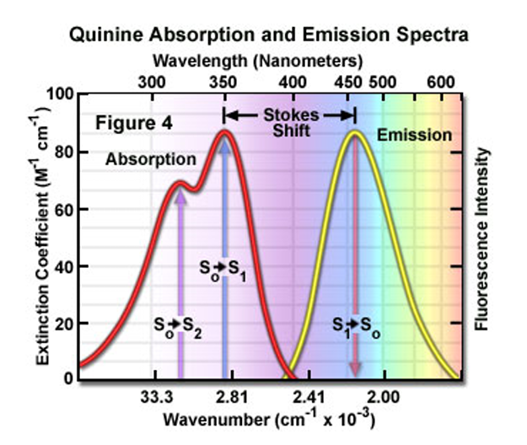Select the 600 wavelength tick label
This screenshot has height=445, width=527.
pyautogui.click(x=440, y=82)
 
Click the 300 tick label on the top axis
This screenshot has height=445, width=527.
pyautogui.click(x=152, y=82)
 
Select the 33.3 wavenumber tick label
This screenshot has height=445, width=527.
pyautogui.click(x=158, y=397)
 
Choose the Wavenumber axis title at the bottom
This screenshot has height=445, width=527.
pyautogui.click(x=269, y=419)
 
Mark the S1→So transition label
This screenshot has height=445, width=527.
pyautogui.click(x=354, y=326)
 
